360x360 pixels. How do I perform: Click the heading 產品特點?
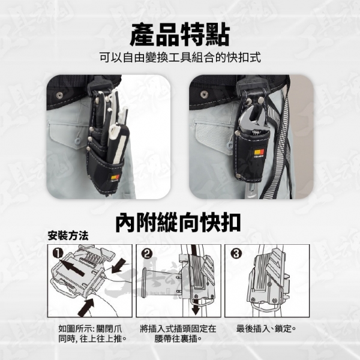point(180,35)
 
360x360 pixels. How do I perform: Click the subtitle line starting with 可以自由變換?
point(180,58)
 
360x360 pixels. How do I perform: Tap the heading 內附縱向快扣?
point(178,222)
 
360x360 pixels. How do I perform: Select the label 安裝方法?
point(68,236)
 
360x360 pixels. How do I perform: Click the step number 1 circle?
point(58,253)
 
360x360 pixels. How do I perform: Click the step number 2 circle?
point(147,253)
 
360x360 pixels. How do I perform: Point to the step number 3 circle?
point(236,253)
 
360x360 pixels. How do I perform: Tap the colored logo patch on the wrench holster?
point(260,152)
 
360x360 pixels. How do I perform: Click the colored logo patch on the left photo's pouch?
point(115,178)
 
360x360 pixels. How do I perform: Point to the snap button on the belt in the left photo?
point(59,94)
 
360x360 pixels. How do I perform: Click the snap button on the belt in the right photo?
point(203,94)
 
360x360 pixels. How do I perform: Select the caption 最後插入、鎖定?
point(266,329)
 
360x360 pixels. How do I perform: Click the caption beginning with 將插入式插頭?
point(178,334)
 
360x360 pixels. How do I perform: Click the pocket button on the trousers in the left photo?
point(78,140)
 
